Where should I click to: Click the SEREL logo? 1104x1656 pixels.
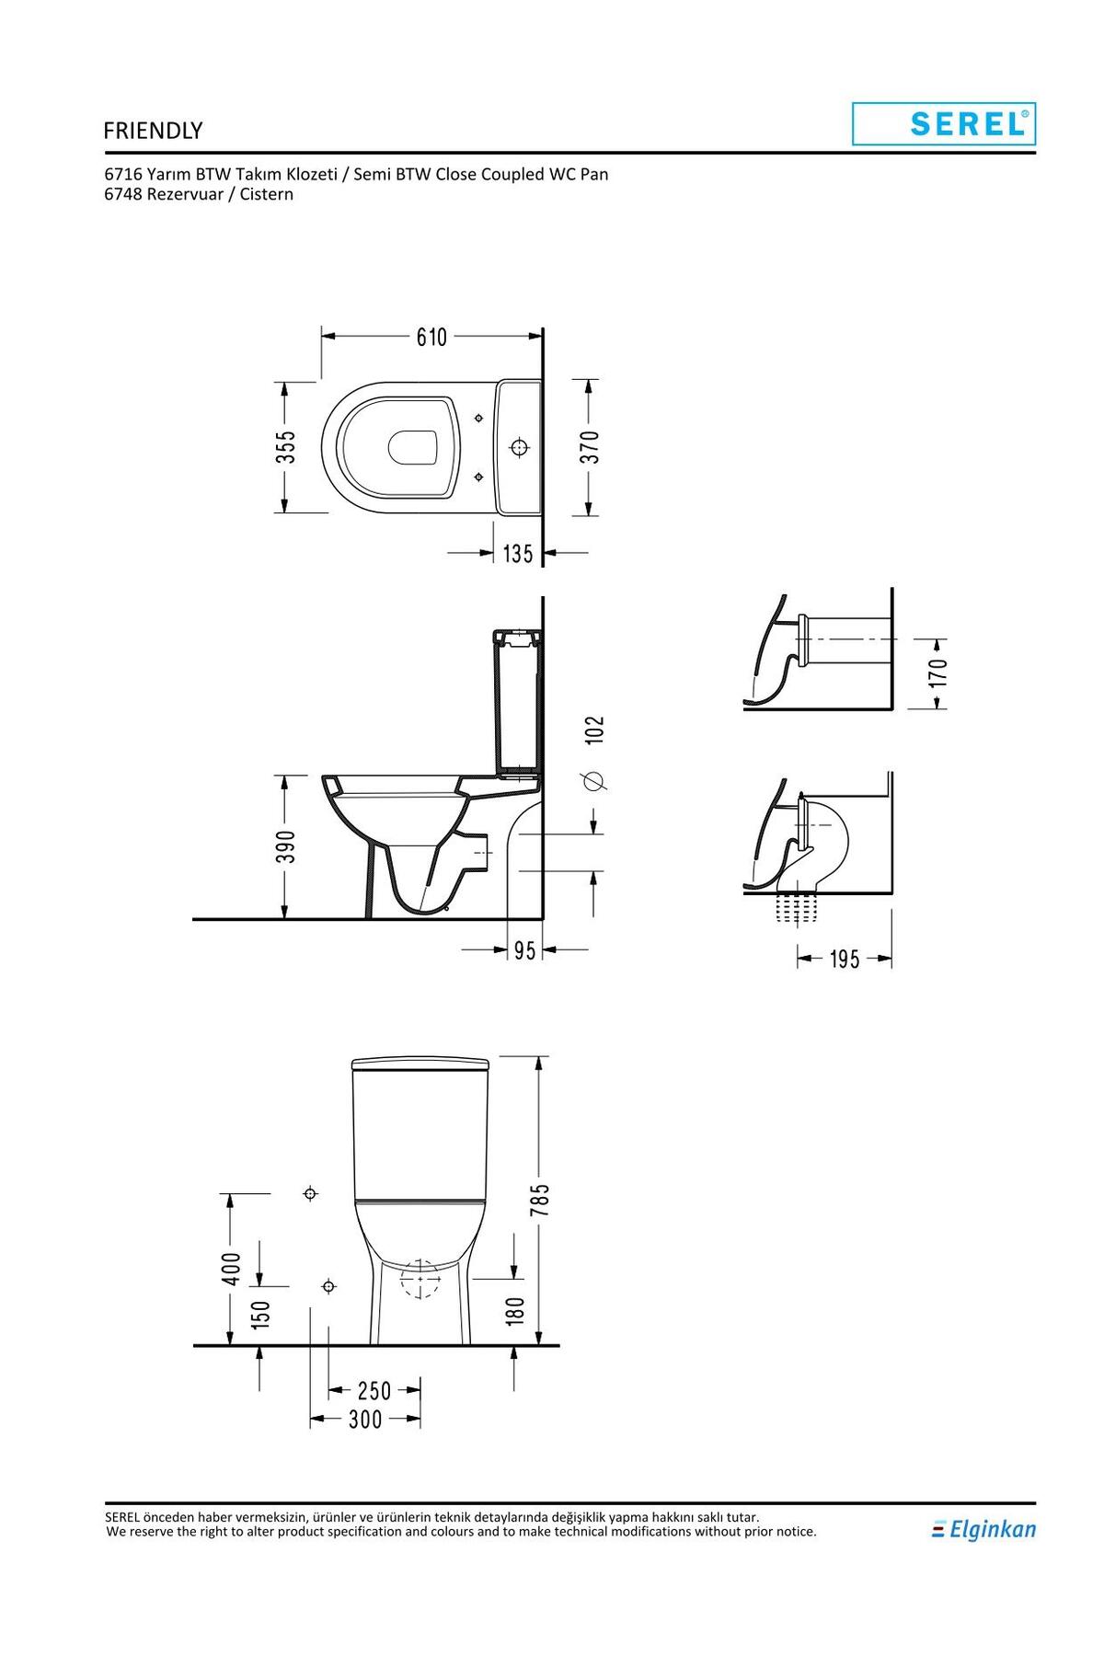pyautogui.click(x=944, y=123)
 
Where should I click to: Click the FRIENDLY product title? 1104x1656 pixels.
pyautogui.click(x=153, y=131)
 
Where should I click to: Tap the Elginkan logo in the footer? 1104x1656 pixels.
pyautogui.click(x=983, y=1529)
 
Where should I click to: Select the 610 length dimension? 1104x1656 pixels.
pyautogui.click(x=431, y=338)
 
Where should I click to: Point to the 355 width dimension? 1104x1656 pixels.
pyautogui.click(x=286, y=447)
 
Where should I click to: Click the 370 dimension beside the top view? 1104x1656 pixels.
pyautogui.click(x=590, y=447)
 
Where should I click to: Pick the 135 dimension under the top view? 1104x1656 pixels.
pyautogui.click(x=518, y=554)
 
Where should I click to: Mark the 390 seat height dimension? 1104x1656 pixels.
pyautogui.click(x=286, y=846)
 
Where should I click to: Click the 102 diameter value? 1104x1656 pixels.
pyautogui.click(x=594, y=730)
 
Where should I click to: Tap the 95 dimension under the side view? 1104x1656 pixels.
pyautogui.click(x=524, y=949)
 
